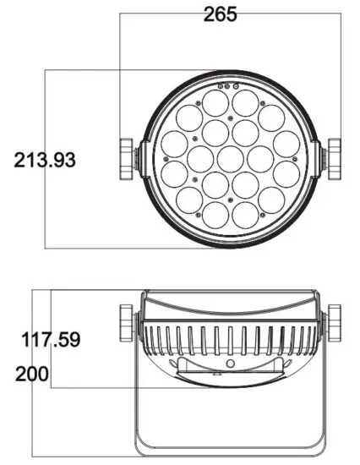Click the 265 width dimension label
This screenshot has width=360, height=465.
click(x=221, y=14)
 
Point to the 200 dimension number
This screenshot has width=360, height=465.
click(x=31, y=374)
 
